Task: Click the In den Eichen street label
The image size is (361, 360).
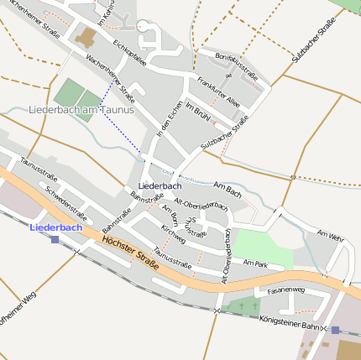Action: pyautogui.click(x=170, y=119)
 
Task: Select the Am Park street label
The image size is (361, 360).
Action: pyautogui.click(x=254, y=263)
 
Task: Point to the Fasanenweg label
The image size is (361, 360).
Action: pyautogui.click(x=285, y=290)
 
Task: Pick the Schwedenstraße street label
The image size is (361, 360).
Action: pyautogui.click(x=66, y=200)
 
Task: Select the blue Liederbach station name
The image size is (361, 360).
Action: pyautogui.click(x=55, y=227)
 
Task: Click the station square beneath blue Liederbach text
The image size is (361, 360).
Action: pyautogui.click(x=55, y=239)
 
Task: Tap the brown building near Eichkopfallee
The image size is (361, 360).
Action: pyautogui.click(x=86, y=37)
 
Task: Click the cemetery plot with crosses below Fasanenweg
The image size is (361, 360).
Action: pyautogui.click(x=244, y=306)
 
